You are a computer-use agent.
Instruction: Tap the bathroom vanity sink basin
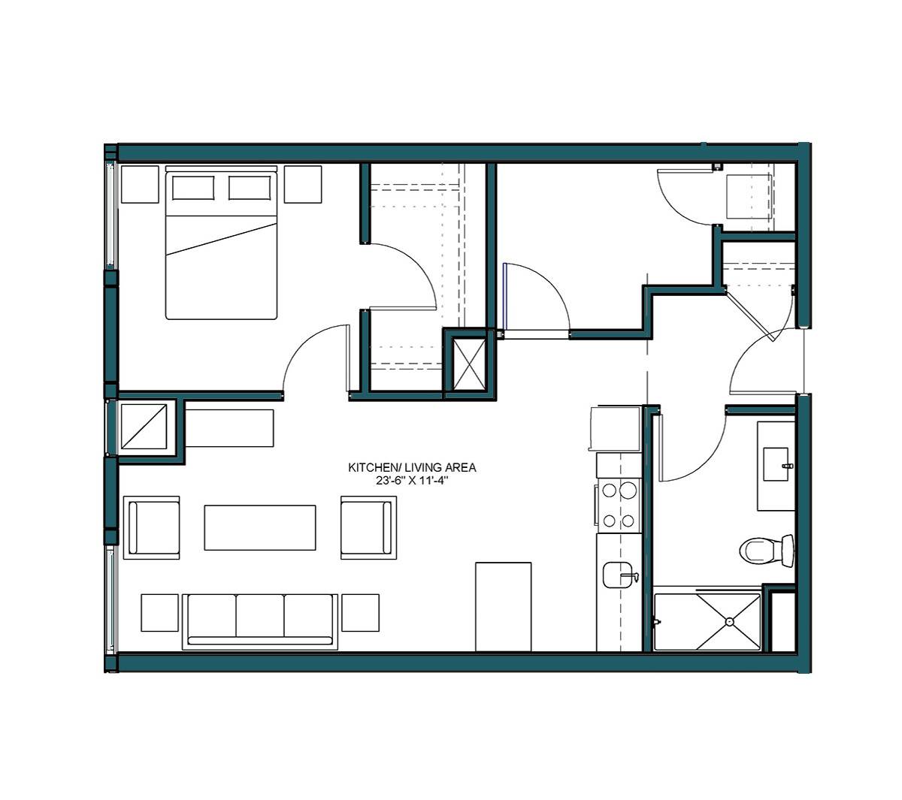(x=775, y=464)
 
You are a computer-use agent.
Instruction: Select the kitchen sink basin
(x=617, y=575)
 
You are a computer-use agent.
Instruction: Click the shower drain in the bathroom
(x=729, y=621)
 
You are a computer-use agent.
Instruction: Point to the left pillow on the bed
(x=192, y=188)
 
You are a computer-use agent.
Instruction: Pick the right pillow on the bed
(x=250, y=188)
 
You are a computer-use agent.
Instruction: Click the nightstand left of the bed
(x=140, y=185)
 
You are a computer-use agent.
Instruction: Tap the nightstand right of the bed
(x=303, y=185)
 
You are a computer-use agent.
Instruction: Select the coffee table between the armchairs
(x=260, y=527)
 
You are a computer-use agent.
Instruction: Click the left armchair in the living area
(x=151, y=527)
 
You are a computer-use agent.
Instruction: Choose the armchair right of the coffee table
(x=368, y=527)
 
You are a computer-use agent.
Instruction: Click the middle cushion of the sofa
(x=260, y=616)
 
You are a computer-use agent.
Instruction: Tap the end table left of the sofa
(x=160, y=613)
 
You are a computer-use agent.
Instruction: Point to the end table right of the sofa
(x=361, y=613)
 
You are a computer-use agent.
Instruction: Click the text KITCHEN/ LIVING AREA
(x=412, y=468)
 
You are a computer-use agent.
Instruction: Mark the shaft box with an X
(x=469, y=364)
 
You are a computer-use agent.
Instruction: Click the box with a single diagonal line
(x=144, y=427)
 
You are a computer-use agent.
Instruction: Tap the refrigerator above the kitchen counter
(x=615, y=428)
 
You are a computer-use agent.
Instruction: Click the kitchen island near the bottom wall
(x=504, y=607)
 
